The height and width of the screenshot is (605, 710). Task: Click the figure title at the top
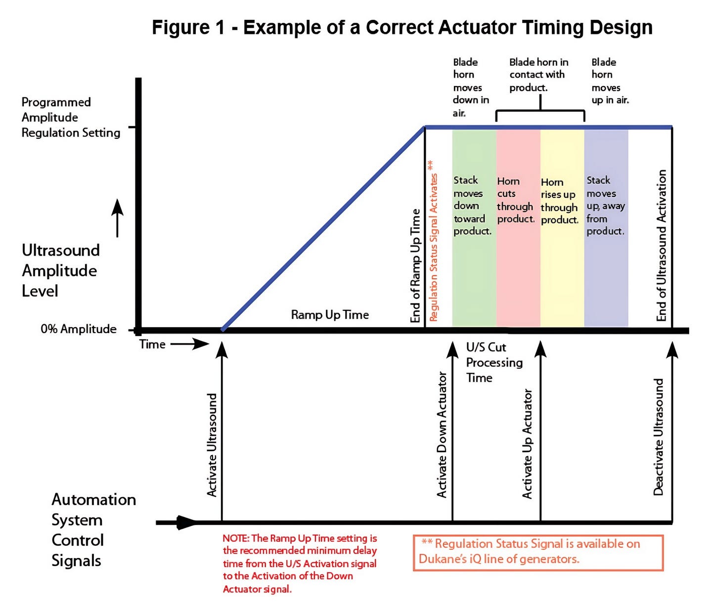click(x=402, y=28)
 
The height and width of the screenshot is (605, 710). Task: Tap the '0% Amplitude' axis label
click(x=79, y=329)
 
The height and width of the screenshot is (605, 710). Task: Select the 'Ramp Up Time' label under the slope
click(x=330, y=315)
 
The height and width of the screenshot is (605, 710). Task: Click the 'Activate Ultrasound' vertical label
click(x=212, y=445)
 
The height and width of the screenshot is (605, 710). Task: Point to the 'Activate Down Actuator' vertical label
click(x=442, y=435)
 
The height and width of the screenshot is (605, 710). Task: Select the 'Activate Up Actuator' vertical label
click(x=528, y=443)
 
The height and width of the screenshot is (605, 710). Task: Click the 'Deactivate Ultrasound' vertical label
click(x=658, y=437)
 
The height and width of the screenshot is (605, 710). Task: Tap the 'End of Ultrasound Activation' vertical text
click(x=662, y=246)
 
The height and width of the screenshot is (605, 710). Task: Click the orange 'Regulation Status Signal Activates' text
click(x=433, y=241)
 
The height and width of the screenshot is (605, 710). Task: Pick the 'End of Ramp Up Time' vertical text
click(x=415, y=265)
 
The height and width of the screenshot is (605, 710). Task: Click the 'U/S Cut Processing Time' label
click(x=493, y=362)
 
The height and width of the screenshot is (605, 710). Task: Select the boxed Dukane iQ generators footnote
click(x=538, y=552)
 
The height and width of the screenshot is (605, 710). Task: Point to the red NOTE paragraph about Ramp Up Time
click(x=300, y=563)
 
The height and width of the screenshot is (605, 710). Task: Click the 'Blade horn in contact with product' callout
click(x=538, y=75)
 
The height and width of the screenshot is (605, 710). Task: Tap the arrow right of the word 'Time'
click(x=190, y=344)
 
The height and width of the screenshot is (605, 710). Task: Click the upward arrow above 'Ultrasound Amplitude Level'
click(x=117, y=217)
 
